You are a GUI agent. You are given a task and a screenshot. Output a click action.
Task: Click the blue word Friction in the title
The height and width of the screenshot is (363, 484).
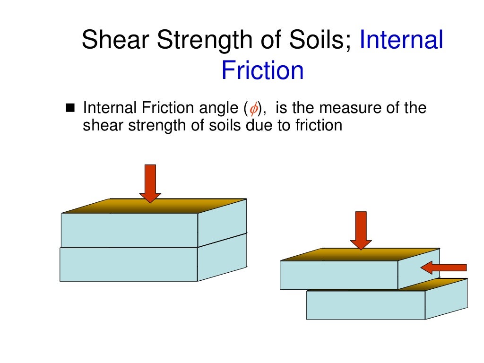click(x=262, y=70)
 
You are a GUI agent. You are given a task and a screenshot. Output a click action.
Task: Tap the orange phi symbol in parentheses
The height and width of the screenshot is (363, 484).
click(x=253, y=109)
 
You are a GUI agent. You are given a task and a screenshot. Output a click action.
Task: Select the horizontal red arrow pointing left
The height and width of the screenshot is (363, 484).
click(x=443, y=268)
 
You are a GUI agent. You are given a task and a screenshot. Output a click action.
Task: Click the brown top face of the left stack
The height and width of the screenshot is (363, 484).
click(x=151, y=207)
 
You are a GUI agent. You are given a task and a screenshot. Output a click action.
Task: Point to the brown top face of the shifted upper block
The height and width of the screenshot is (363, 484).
click(x=359, y=255)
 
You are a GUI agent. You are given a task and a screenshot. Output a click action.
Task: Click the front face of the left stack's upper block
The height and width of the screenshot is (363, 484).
click(x=129, y=230)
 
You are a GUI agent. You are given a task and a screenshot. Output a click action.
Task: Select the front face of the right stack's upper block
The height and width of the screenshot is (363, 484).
click(x=338, y=275)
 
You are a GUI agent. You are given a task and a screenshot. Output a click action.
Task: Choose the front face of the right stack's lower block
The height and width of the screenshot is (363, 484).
click(x=365, y=305)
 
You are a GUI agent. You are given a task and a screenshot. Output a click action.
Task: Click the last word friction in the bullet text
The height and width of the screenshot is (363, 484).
click(x=319, y=126)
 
